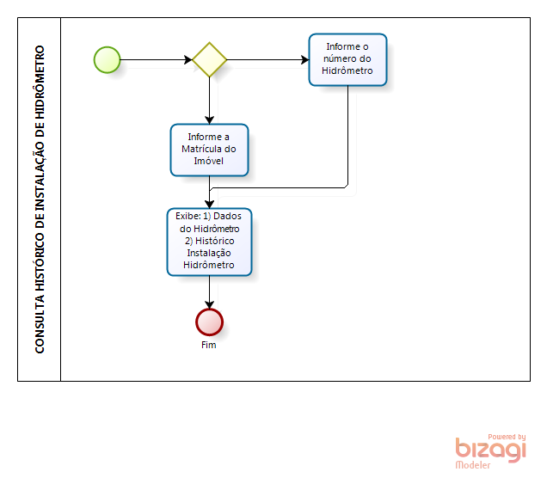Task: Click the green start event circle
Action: click(107, 59)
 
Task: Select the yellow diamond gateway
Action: click(209, 59)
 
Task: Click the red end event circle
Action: click(209, 322)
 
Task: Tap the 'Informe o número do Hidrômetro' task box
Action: click(348, 59)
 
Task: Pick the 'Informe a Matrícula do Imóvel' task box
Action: click(209, 150)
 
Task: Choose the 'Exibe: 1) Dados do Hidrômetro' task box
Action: click(209, 241)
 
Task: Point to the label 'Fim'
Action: click(209, 346)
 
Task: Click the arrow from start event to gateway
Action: click(155, 59)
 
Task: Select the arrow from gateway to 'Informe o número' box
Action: click(267, 59)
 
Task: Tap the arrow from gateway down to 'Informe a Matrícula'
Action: click(209, 100)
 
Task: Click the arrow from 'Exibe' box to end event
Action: click(209, 291)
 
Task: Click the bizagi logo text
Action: click(490, 450)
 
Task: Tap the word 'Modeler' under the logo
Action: click(473, 465)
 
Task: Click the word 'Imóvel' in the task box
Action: click(209, 162)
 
